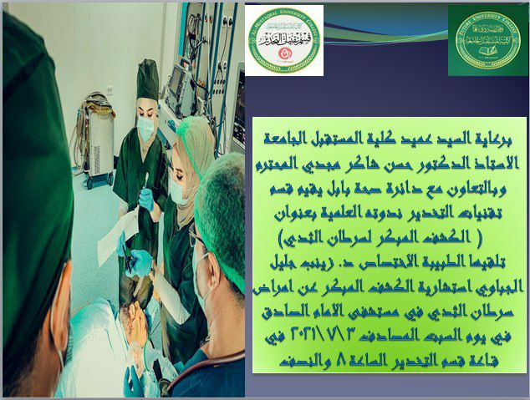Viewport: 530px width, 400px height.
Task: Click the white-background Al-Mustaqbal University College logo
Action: click(x=284, y=39)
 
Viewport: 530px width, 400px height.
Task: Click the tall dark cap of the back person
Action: click(x=147, y=80)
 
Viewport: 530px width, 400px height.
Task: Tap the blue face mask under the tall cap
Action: click(x=146, y=128)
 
